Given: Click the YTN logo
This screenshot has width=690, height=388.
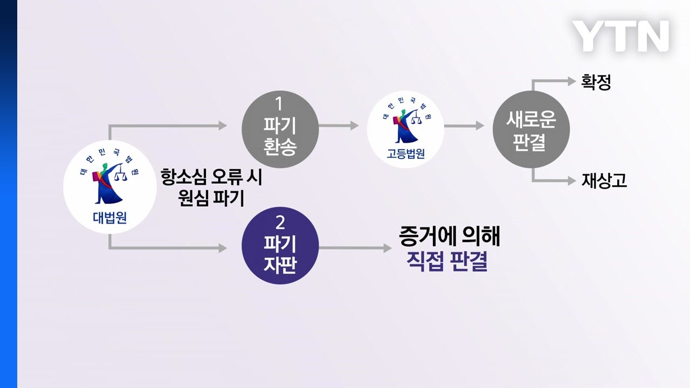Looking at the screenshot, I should coord(620,37).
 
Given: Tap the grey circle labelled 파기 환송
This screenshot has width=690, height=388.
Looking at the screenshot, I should coord(280,126).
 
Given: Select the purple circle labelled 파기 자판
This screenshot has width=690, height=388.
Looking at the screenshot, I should coord(280,246).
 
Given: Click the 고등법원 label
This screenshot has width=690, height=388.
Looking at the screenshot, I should coord(405,153).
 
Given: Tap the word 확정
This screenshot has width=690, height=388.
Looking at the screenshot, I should coord(596,82).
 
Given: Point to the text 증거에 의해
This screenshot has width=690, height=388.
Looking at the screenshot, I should coord(450,236).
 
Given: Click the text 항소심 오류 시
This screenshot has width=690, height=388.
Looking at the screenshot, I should coord(211,177).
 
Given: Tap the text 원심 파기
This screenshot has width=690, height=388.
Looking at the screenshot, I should coord(211,198).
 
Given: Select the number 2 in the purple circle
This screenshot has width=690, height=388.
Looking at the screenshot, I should coord(279,222).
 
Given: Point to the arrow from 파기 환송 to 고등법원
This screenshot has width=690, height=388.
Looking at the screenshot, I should coord(339,126).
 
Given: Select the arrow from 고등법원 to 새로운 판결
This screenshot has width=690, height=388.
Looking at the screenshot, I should coord(464,126).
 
